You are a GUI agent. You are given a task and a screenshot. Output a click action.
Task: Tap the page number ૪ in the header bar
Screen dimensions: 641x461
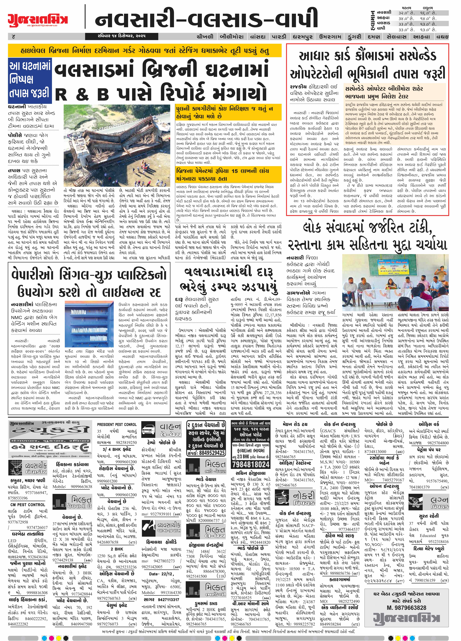pyautogui.click(x=14, y=36)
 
